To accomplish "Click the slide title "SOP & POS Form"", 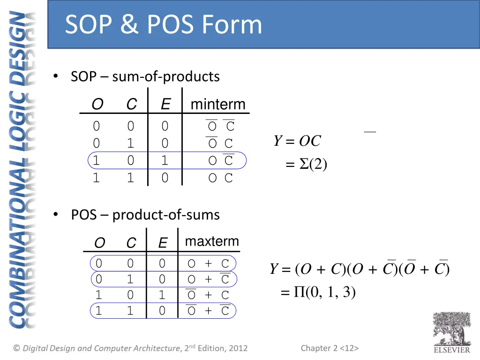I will (163, 24).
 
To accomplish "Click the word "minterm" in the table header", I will (218, 104).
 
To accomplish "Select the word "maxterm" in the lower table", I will (212, 241).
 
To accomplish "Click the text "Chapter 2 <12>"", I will (330, 348).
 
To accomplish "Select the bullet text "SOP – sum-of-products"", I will (145, 76).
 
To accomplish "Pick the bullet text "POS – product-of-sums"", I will (145, 215).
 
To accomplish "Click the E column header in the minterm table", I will (165, 104).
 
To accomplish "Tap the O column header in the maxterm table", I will (99, 243).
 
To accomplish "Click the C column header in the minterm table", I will (131, 104).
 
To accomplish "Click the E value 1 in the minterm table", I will (165, 161).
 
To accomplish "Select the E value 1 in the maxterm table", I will (162, 295).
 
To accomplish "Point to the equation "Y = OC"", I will (298, 141).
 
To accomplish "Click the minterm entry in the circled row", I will (220, 161).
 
